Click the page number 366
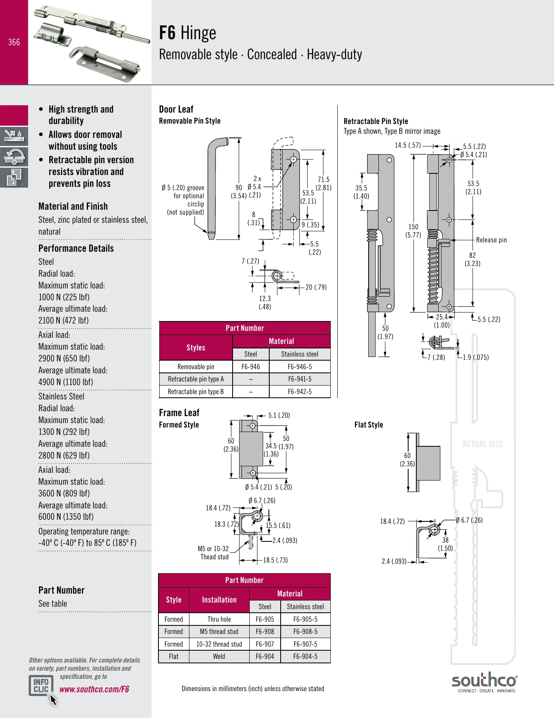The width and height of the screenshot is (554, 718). point(14,42)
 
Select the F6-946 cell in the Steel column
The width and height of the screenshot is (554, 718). point(251,367)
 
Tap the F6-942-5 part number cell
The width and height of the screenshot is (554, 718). point(300,392)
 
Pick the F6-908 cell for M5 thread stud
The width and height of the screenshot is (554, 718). point(265,632)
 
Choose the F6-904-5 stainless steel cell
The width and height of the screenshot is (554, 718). point(306,656)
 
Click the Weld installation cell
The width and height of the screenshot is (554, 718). point(219,656)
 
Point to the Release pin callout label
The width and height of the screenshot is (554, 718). point(491,240)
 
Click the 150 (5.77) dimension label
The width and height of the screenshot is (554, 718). point(413,231)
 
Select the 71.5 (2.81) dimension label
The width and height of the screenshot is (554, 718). point(323,184)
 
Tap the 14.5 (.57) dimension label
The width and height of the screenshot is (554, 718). point(408,145)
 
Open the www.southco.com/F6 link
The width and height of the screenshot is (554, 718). point(94,689)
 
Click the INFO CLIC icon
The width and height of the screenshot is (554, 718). point(41,685)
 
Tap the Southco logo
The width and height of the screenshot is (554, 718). point(485,682)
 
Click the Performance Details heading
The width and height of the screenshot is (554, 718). point(76,248)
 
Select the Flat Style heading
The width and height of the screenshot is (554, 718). point(369,425)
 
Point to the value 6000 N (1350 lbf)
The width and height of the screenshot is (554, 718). point(66,517)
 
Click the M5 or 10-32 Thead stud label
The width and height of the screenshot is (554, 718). point(213,553)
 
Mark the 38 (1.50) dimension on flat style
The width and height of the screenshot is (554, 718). point(445,544)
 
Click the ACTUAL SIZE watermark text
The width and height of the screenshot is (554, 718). point(483,444)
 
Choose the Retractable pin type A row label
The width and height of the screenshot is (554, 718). point(196,379)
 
